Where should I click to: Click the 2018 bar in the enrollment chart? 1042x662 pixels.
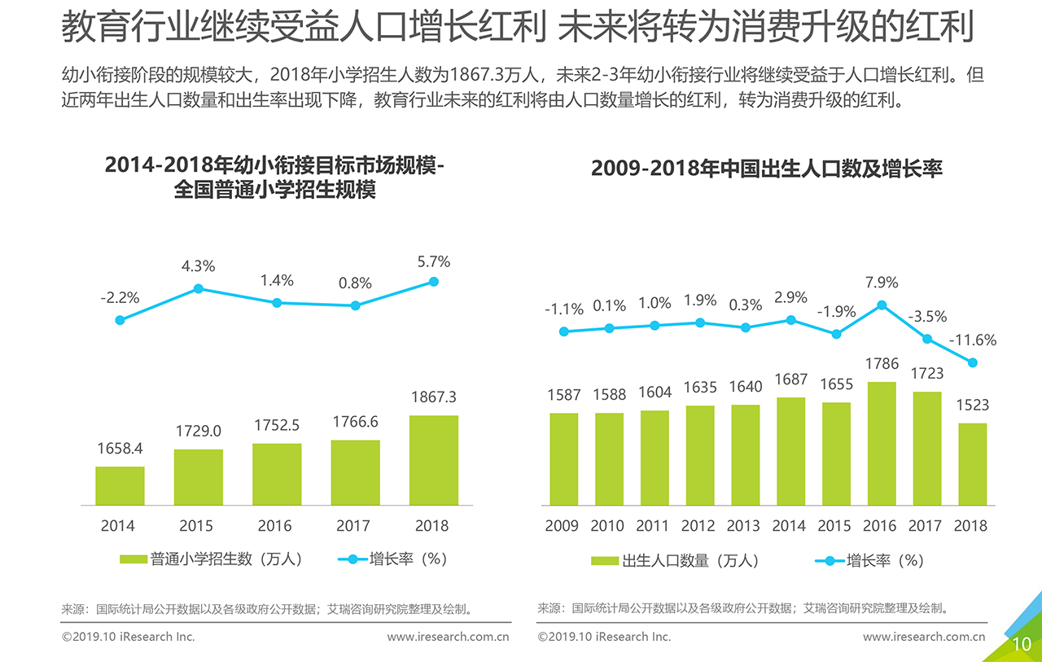pos(433,460)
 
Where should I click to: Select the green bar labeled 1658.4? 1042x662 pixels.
pos(120,485)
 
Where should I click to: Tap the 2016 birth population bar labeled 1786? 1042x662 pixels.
pos(881,444)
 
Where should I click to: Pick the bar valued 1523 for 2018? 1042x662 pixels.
pos(972,464)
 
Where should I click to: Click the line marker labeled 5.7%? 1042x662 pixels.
pos(434,282)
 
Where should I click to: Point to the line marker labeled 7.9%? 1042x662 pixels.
pos(882,305)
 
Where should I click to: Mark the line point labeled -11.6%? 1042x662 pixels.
pos(973,363)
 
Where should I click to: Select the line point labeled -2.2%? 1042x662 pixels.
pos(120,320)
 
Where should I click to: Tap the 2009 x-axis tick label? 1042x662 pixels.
pos(562,526)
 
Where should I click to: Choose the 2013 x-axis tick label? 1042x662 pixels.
pos(743,526)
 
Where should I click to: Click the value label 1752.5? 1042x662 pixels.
pos(277,426)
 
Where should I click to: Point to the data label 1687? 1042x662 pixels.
pos(790,379)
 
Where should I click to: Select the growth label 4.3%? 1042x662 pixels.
pos(198,265)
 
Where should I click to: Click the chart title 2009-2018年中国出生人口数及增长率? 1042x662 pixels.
pos(766,169)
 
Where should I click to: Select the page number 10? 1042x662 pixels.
pos(1022,644)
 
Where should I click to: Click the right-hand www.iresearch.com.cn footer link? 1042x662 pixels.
pos(924,637)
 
